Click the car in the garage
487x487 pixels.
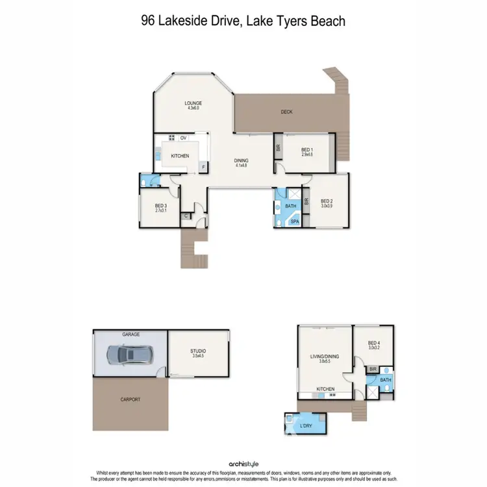[129, 355]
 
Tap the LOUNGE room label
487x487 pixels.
[193, 103]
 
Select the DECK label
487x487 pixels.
[286, 112]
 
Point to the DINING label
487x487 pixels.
[242, 161]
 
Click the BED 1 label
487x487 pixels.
[307, 150]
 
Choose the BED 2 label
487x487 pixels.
[327, 201]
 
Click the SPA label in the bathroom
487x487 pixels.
[294, 221]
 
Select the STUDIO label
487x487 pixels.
[199, 351]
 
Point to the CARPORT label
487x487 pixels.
[131, 399]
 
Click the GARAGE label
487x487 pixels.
[131, 334]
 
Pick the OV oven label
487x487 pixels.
[184, 138]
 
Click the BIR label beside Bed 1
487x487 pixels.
[278, 147]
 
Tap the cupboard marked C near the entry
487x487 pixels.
[186, 216]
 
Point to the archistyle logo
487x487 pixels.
[243, 464]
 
